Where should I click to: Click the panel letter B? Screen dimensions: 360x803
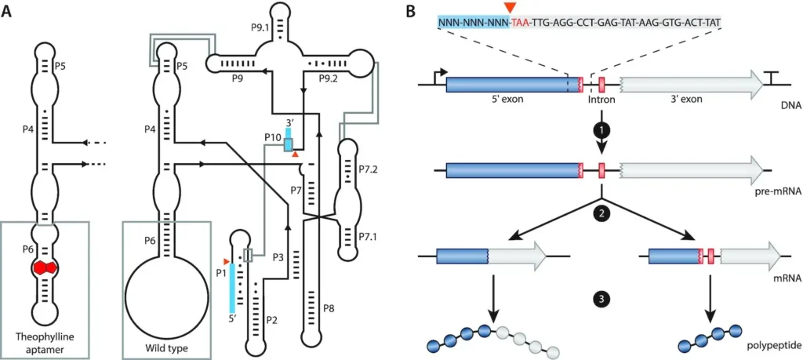(410, 13)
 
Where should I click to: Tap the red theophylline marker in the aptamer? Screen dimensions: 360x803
(48, 267)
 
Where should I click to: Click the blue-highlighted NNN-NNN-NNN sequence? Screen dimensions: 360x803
(473, 24)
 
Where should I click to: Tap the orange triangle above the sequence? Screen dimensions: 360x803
(511, 8)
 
